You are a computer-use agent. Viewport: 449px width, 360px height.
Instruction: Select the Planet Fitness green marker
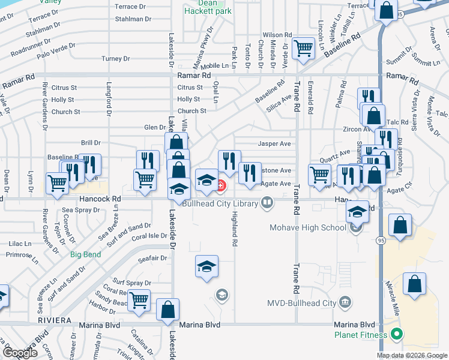396,334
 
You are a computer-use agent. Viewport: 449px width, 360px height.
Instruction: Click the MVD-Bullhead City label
302,303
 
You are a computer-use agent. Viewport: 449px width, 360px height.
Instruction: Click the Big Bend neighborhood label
85,254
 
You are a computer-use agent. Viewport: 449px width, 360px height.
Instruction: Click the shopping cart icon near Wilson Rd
304,49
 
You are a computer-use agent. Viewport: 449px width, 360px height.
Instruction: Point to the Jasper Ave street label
274,144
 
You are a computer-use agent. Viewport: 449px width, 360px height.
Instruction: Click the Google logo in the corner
20,353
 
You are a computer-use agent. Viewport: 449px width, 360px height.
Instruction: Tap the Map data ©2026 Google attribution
411,355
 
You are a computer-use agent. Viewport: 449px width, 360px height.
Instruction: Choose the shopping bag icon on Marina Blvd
168,310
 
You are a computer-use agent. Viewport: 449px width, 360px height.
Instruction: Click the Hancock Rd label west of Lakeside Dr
100,199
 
